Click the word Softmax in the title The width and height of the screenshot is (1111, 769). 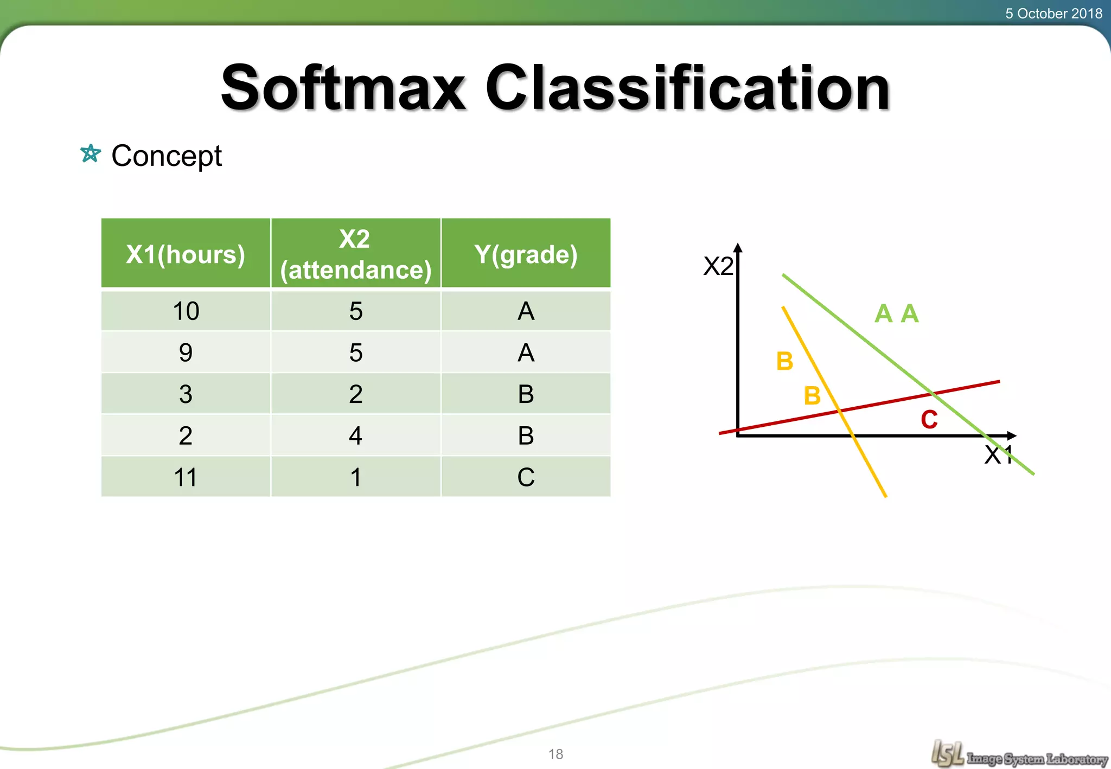[x=343, y=88]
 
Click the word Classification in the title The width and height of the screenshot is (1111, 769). [x=687, y=88]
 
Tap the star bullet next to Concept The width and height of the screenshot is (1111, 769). [x=90, y=154]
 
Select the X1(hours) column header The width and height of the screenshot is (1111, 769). [x=186, y=254]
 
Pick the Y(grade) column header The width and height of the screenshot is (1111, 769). [x=526, y=254]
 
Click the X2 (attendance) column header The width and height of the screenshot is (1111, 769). [x=355, y=254]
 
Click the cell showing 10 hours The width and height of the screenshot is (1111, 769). [x=186, y=311]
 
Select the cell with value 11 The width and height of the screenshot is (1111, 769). [x=186, y=477]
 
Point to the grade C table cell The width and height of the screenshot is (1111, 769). [x=526, y=477]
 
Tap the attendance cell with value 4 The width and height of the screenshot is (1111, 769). [x=355, y=435]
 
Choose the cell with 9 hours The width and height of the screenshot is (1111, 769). [x=186, y=353]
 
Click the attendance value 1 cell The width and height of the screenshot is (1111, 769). [x=355, y=477]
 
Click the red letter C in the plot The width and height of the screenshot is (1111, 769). [x=929, y=420]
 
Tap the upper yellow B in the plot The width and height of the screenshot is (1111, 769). [x=784, y=361]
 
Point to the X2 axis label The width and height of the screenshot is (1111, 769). [x=718, y=266]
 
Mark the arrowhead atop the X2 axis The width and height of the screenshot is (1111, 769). [x=738, y=248]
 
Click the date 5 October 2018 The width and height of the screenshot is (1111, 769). [x=1053, y=13]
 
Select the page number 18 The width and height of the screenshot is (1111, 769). [x=555, y=754]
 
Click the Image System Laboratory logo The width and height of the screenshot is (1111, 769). [x=1018, y=754]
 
